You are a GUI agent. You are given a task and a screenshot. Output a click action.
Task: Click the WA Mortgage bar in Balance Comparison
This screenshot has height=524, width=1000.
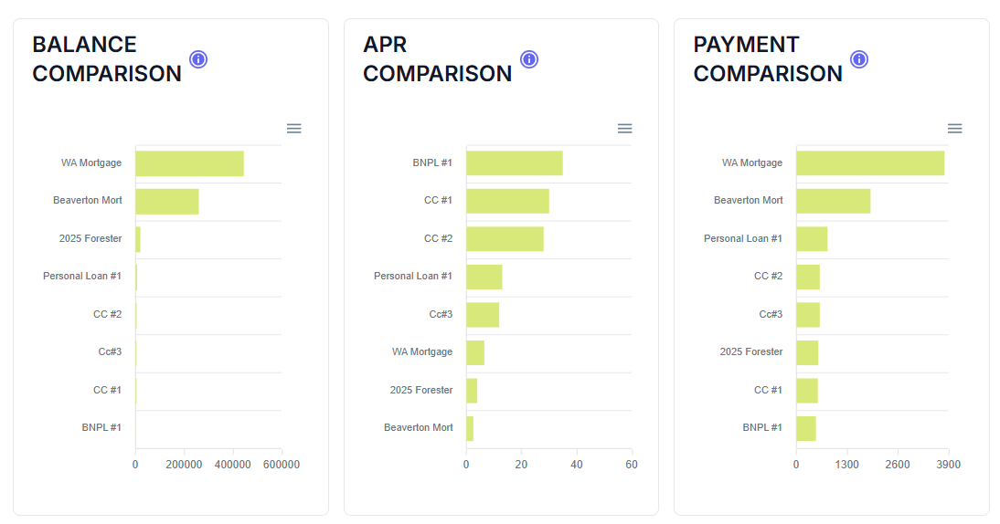[189, 163]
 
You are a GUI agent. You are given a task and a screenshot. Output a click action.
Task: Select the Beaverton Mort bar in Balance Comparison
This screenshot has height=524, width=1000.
[166, 201]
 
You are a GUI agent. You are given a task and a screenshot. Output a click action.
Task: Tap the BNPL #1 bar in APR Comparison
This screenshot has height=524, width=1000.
[514, 163]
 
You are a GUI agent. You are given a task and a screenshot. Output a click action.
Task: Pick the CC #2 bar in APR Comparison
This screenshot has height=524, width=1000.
[505, 239]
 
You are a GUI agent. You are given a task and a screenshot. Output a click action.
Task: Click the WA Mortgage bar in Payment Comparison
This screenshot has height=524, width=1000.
[869, 163]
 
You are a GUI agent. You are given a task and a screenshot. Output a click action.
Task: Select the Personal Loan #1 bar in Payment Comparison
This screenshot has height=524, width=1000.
[812, 239]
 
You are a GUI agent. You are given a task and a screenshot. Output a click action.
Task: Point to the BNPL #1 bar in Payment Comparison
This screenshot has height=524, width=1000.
[805, 428]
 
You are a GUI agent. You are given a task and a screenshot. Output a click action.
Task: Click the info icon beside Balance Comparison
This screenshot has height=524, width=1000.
[198, 59]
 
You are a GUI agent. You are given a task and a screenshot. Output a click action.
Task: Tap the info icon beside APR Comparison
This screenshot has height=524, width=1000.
[529, 59]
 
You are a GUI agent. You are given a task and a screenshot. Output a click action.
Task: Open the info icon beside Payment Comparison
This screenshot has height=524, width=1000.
[859, 59]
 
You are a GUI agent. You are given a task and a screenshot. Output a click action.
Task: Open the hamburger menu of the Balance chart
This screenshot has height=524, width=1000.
[294, 129]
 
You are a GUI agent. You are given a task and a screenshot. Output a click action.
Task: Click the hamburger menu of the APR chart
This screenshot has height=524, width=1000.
[625, 129]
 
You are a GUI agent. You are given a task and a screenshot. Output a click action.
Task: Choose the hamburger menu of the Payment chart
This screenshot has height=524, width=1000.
[955, 129]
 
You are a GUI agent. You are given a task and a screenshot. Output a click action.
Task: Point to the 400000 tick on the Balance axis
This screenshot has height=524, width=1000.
[233, 465]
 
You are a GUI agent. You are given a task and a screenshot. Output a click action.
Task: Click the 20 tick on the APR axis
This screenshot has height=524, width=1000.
[521, 465]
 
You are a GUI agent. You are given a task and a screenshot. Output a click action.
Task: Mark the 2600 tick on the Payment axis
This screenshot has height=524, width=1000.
[898, 465]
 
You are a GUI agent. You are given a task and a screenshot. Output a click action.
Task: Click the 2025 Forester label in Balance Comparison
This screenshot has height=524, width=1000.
[90, 238]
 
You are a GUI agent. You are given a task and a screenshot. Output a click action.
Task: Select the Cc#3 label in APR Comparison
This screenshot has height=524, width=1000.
[441, 314]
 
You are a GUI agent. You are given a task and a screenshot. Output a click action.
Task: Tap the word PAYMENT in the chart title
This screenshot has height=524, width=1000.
[746, 45]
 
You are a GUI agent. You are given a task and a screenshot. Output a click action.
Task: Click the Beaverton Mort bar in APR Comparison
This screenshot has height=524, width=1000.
[470, 428]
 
